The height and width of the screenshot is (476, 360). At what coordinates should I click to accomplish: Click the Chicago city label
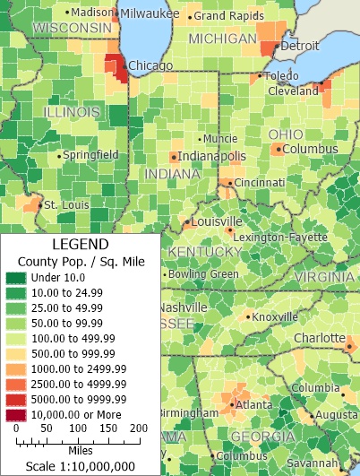(x=150, y=65)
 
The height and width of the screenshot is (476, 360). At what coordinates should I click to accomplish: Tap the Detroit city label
(x=300, y=45)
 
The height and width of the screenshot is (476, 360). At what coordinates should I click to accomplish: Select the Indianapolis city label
(x=211, y=156)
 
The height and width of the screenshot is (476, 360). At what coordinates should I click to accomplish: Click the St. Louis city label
(x=63, y=205)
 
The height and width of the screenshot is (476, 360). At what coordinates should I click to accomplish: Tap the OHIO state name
(x=286, y=134)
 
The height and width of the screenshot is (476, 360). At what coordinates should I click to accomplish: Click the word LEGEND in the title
(x=81, y=244)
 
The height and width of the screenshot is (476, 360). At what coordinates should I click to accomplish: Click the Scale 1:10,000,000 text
(x=81, y=466)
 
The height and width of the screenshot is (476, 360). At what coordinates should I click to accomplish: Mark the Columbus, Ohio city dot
(x=279, y=149)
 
